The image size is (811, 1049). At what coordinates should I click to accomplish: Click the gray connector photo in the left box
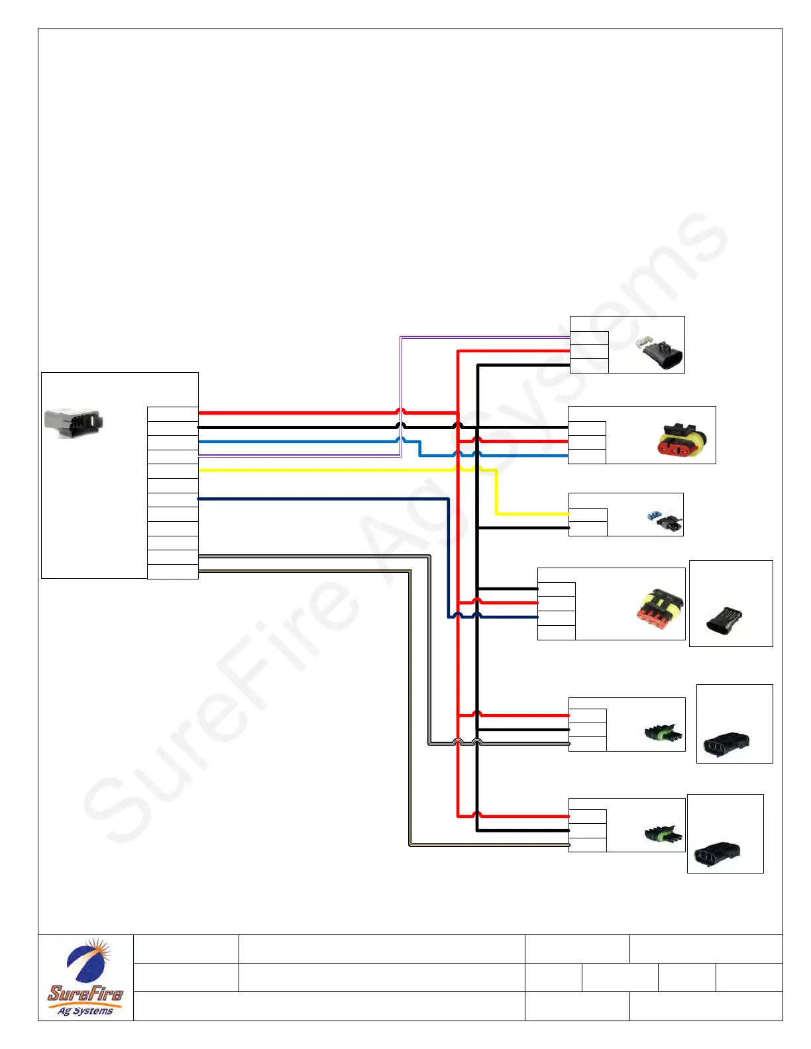[73, 423]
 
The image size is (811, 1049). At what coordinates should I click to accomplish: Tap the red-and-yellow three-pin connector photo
[682, 438]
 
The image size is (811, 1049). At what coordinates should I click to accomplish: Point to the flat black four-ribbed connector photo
[725, 620]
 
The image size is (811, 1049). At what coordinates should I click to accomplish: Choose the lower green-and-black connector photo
[663, 834]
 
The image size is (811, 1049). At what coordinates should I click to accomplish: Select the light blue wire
[298, 441]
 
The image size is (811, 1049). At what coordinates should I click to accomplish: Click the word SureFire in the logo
[85, 993]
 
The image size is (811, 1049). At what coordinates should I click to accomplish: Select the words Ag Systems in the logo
[85, 1011]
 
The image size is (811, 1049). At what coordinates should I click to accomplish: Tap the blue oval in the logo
[83, 964]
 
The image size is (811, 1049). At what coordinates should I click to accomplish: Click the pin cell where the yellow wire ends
[588, 515]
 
